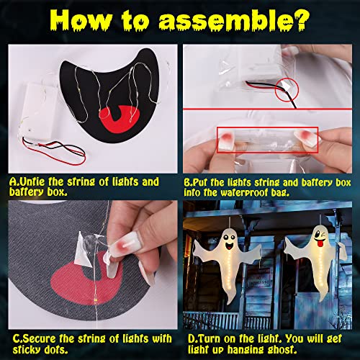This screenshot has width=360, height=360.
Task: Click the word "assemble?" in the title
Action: pyautogui.click(x=234, y=20)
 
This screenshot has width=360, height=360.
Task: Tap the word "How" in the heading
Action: pyautogui.click(x=81, y=20)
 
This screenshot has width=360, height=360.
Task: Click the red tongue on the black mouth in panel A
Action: pyautogui.click(x=120, y=120)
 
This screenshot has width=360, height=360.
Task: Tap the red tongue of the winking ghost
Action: pyautogui.click(x=320, y=243)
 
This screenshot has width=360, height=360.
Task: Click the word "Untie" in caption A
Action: pyautogui.click(x=32, y=181)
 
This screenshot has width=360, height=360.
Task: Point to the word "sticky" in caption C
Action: pyautogui.click(x=24, y=349)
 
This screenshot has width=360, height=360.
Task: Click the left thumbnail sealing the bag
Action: pyautogui.click(x=225, y=139)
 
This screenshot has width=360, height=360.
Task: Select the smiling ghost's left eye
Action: pyautogui.click(x=226, y=237)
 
